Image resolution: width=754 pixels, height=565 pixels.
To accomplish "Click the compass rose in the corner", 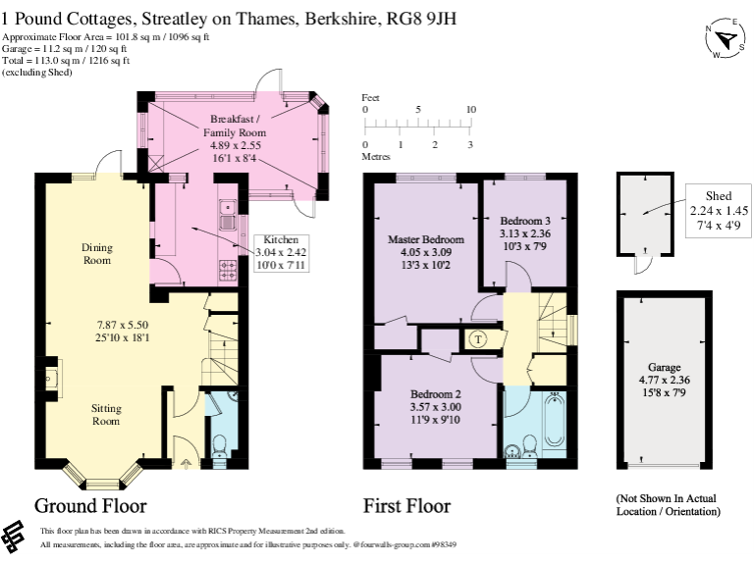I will point(727,38).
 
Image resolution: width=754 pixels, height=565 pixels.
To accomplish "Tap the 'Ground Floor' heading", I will point(90,506).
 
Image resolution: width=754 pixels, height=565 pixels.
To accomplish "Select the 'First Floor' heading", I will point(406,506).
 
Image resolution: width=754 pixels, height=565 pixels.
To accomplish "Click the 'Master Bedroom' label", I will point(425,239).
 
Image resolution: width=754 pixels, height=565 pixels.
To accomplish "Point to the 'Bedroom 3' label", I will point(524,221).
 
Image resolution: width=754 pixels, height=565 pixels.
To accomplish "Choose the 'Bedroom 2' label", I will point(435,394).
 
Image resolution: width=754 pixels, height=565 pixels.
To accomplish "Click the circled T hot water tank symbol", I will point(477,339).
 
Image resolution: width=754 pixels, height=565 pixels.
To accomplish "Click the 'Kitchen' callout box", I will point(282,251).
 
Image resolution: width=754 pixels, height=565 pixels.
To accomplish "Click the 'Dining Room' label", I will point(96,255).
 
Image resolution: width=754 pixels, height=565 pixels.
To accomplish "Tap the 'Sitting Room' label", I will point(106,415).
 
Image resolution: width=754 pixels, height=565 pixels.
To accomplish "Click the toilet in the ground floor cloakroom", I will point(220,444).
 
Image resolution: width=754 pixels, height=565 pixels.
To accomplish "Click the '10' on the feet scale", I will point(471,110).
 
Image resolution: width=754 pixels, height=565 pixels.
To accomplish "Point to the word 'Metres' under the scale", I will point(376,156).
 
